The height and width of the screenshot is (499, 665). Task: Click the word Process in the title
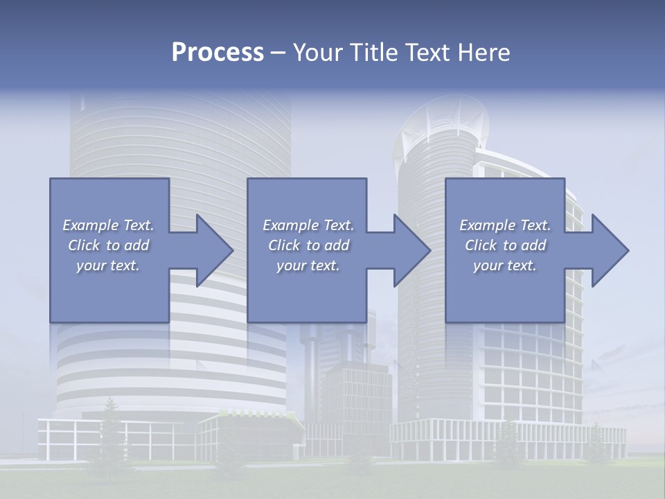[x=218, y=53]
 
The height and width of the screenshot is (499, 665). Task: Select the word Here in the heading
[x=484, y=53]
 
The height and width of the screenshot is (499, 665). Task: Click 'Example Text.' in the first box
[x=108, y=225]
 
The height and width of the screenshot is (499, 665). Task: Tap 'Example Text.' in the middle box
[x=308, y=225]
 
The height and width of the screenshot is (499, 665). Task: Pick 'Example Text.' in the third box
[x=505, y=225]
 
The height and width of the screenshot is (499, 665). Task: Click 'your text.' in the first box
[x=108, y=265]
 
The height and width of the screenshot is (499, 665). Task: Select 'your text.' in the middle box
[x=308, y=265]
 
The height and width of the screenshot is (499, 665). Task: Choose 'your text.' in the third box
[x=505, y=265]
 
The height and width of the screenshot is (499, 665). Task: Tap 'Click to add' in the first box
[x=108, y=245]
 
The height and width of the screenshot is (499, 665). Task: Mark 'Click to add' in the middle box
[x=308, y=245]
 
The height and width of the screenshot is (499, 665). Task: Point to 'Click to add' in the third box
[x=505, y=245]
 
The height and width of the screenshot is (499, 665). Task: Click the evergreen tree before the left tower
[x=109, y=430]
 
